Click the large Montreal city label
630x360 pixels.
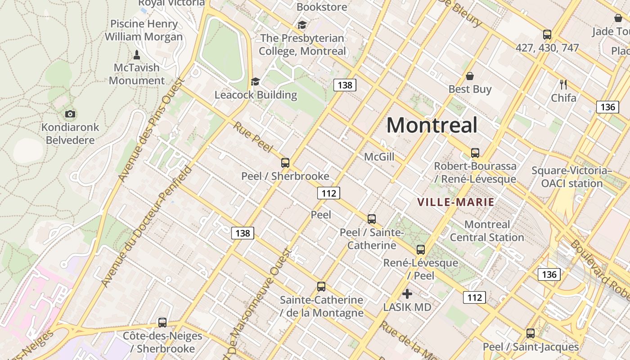point(432,125)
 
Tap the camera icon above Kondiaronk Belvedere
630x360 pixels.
point(70,114)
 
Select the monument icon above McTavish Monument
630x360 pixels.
point(137,55)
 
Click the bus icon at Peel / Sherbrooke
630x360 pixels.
point(285,163)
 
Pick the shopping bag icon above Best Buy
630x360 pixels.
point(470,76)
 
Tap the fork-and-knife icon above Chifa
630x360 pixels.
point(563,84)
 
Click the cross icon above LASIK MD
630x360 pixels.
point(407,294)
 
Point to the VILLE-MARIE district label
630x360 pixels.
point(456,202)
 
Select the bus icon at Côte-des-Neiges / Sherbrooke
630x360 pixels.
point(162,323)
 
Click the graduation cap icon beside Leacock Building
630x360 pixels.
point(256,81)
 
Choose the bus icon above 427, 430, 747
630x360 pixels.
point(547,34)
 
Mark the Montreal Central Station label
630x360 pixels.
point(487,231)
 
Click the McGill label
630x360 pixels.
point(379,157)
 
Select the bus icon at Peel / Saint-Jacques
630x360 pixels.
point(531,333)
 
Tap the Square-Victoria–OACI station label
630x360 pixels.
point(571,177)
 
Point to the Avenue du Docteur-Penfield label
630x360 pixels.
point(147,226)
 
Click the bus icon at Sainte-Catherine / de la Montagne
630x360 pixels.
point(321,287)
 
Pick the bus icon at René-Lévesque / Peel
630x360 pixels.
point(421,249)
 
